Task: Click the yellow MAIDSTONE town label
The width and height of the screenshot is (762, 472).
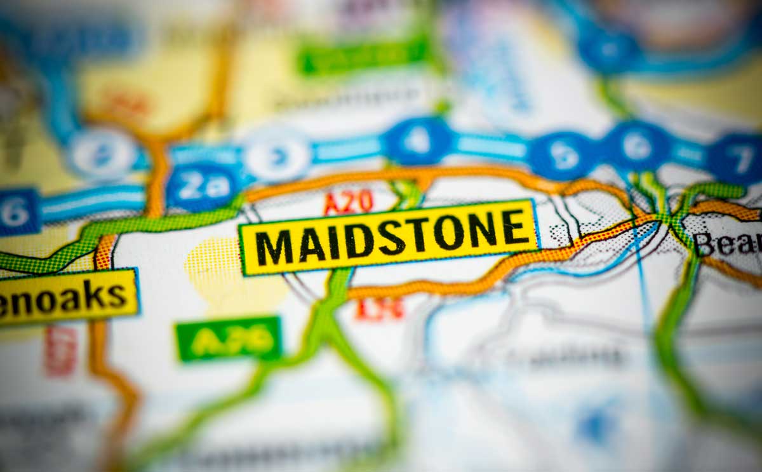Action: click(x=389, y=237)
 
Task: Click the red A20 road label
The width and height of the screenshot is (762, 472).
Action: click(x=348, y=203)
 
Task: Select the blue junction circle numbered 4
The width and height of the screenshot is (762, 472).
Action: click(x=417, y=141)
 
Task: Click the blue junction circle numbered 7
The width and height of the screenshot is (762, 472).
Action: click(x=739, y=159)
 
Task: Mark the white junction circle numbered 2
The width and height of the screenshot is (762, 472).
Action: click(x=102, y=152)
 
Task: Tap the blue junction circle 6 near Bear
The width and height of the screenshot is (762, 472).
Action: click(x=637, y=146)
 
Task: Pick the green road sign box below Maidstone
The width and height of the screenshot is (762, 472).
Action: click(x=229, y=339)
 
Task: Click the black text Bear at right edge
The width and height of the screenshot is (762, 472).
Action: click(x=727, y=243)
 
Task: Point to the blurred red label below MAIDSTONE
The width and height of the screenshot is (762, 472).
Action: click(x=380, y=309)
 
